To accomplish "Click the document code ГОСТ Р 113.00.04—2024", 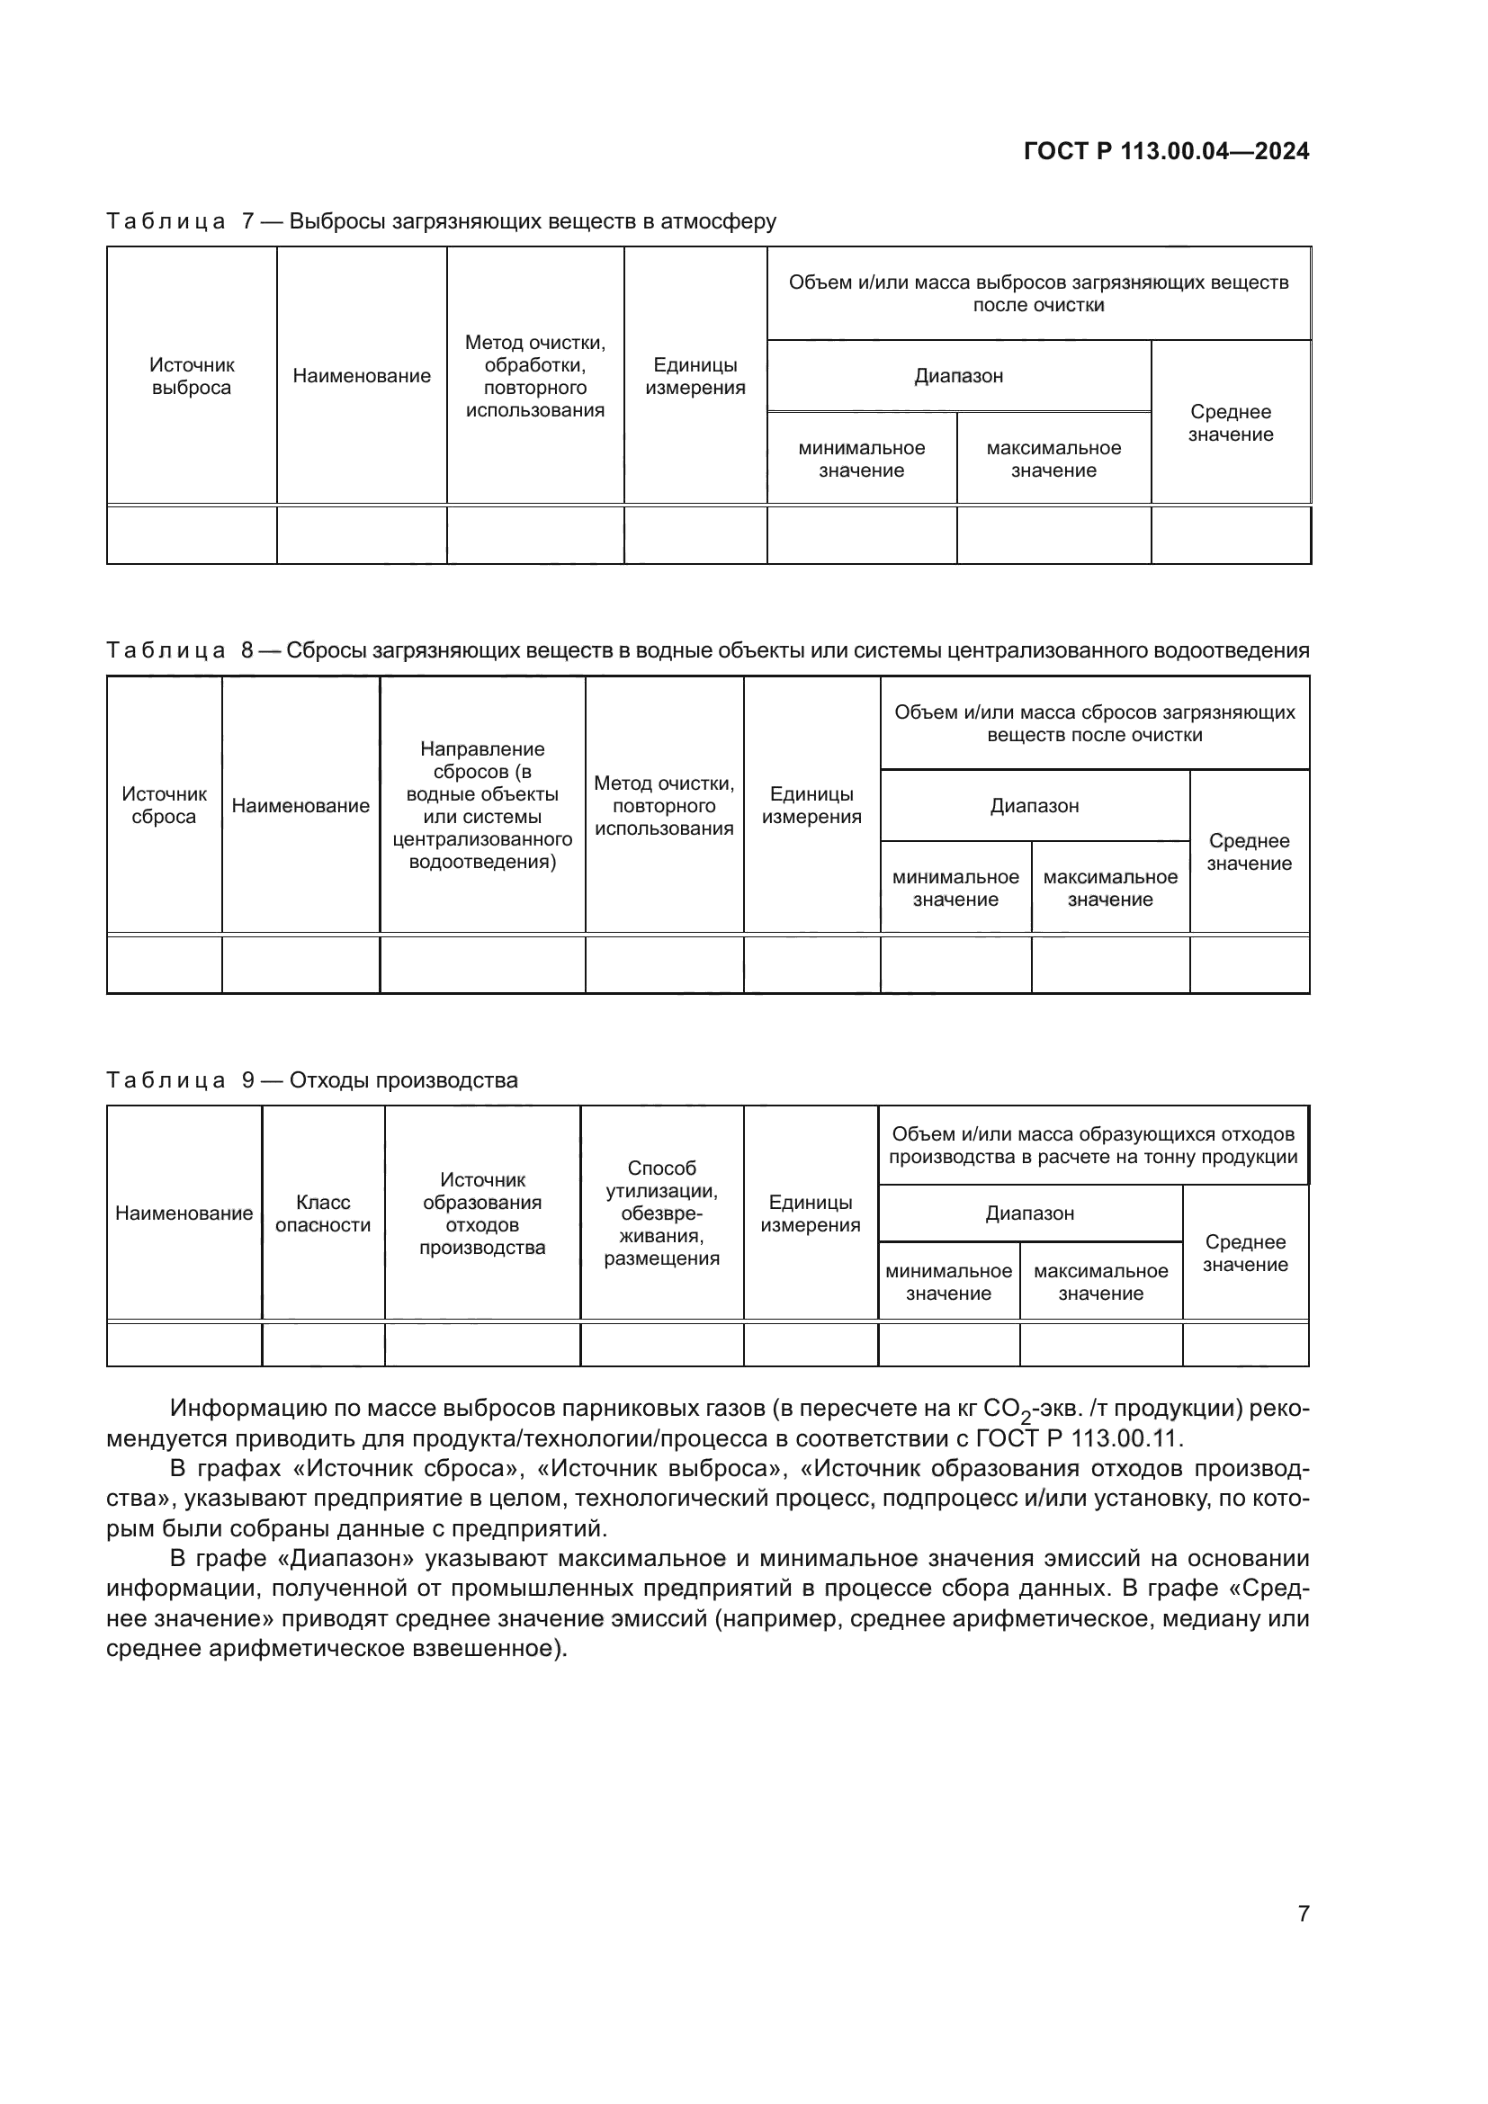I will [1165, 151].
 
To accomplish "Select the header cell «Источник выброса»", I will [192, 376].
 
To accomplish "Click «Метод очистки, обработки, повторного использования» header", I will [535, 376].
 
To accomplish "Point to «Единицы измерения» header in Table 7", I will [695, 376].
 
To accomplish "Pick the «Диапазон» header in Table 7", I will [958, 376].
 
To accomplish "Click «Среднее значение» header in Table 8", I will [1249, 851].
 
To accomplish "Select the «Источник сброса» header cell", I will [164, 804].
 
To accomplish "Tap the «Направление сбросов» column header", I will [482, 804].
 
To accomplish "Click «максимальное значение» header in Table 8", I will [1110, 887].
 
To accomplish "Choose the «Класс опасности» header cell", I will [323, 1213].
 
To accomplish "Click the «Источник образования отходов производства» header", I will [482, 1213].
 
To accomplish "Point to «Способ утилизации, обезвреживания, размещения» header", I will [661, 1213].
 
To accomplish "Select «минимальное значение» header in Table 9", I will [948, 1281].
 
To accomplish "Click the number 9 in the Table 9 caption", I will [247, 1079].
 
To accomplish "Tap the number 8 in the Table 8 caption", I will [247, 649].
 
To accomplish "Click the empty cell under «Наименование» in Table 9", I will [184, 1344].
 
